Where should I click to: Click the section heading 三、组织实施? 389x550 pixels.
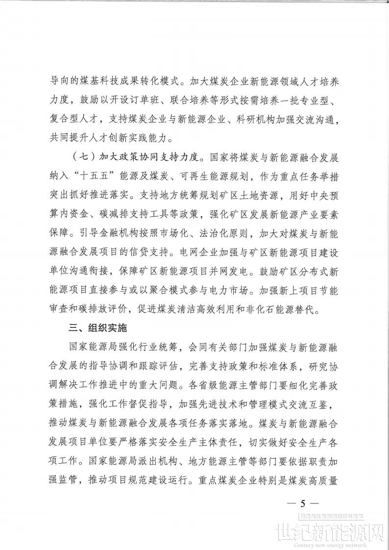pyautogui.click(x=98, y=329)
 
